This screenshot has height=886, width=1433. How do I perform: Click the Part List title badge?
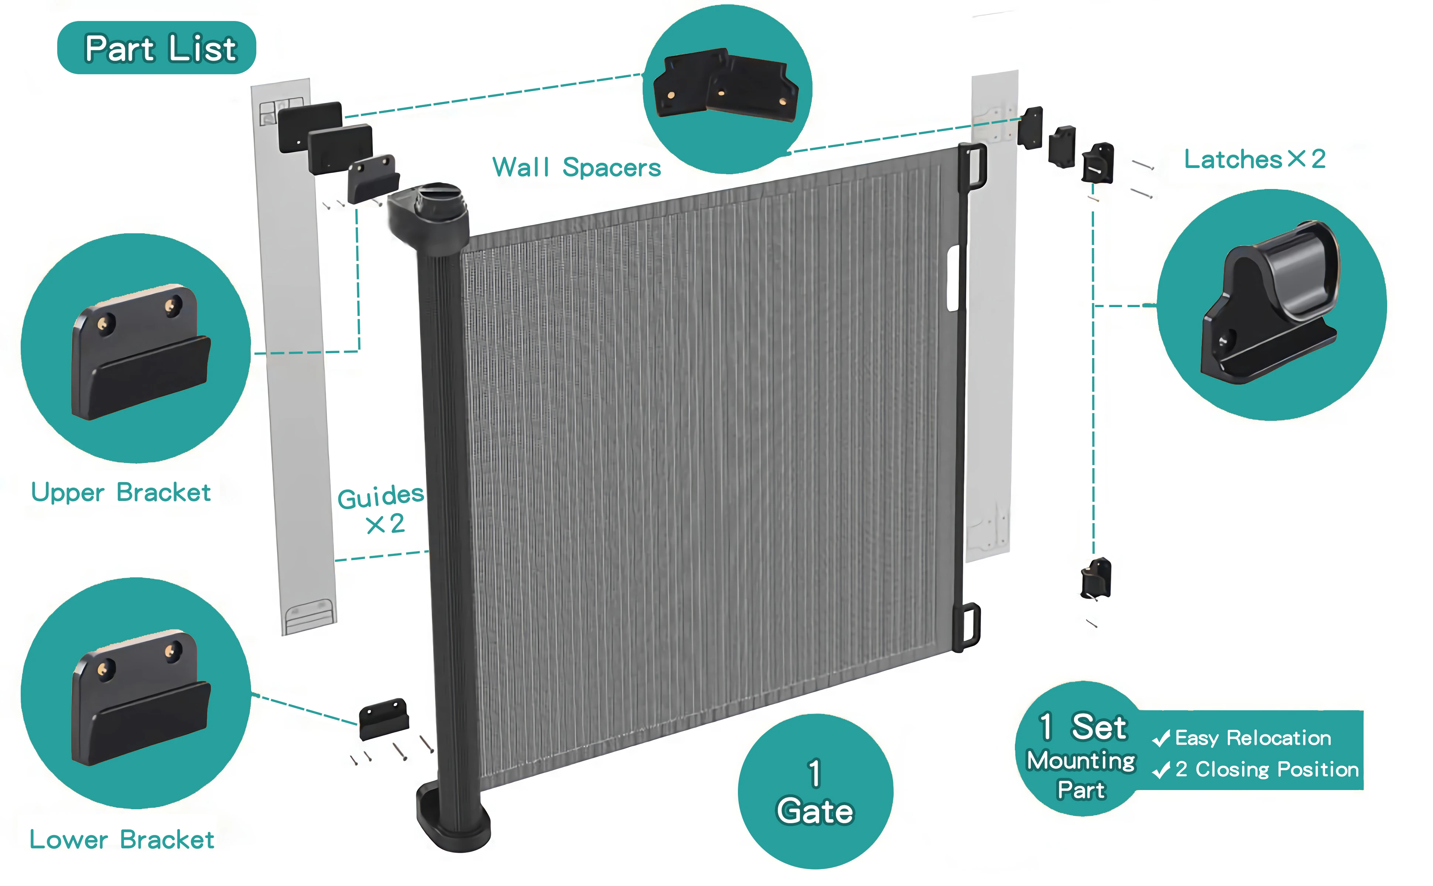[x=157, y=48]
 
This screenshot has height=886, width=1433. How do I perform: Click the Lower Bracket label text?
[x=122, y=840]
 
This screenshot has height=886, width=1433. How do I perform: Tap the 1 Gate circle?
[x=815, y=791]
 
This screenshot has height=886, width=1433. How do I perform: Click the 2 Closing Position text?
[x=1266, y=769]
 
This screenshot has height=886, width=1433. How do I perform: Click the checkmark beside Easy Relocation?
[x=1161, y=739]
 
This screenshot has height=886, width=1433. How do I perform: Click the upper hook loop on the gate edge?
[x=974, y=167]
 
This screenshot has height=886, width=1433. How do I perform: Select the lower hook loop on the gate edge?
[x=968, y=626]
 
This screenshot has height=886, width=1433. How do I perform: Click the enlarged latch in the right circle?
[x=1272, y=305]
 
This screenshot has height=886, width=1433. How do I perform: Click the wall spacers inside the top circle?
[x=727, y=87]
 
